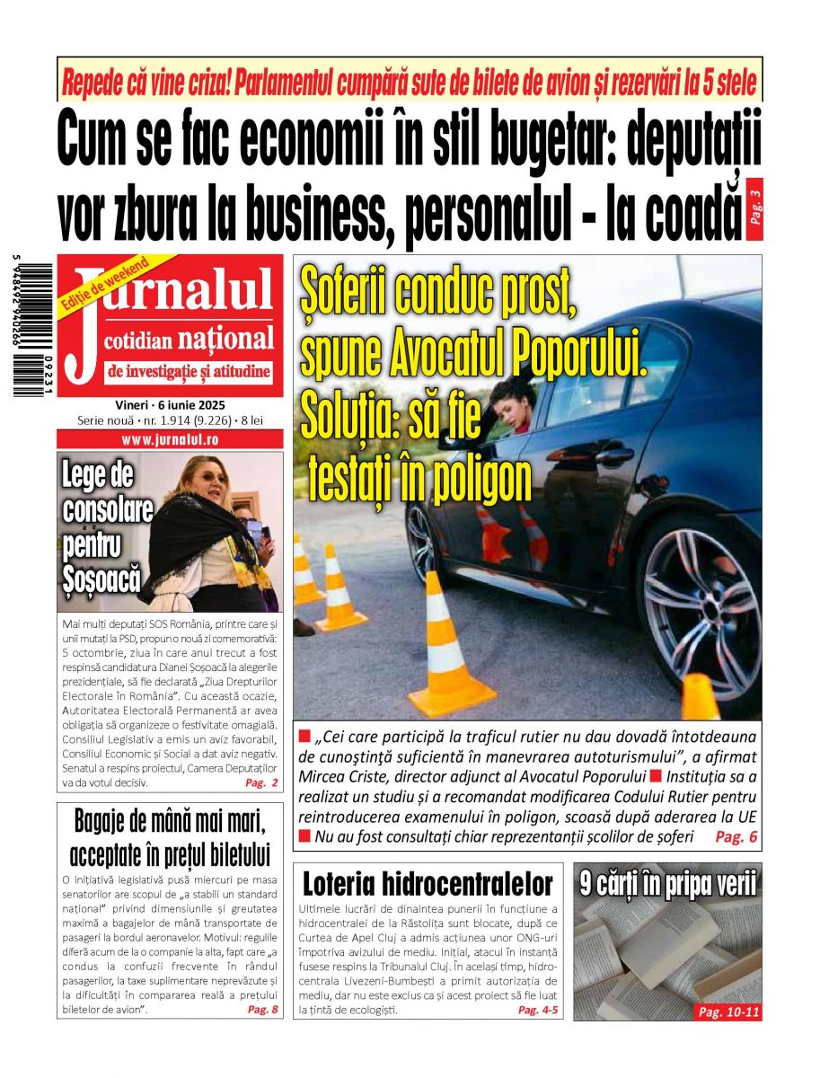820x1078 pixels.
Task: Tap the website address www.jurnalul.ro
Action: click(170, 440)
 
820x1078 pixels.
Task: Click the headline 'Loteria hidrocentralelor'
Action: click(428, 884)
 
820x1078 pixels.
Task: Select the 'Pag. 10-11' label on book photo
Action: click(728, 1012)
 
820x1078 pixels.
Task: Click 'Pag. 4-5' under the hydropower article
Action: click(538, 1010)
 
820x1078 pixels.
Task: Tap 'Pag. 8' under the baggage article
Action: click(262, 1010)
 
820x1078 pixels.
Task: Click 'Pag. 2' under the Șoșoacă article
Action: click(261, 783)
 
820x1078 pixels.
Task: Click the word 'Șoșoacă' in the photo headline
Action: click(101, 579)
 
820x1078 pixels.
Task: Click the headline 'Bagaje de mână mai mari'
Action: click(170, 822)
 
